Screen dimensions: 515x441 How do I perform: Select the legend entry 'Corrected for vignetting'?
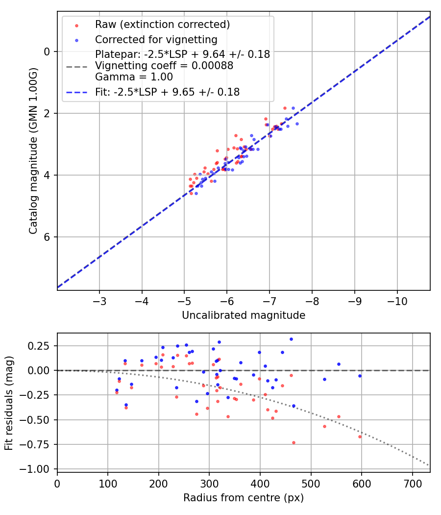click(156, 39)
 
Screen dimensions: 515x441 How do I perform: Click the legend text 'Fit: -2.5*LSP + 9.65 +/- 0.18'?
click(167, 92)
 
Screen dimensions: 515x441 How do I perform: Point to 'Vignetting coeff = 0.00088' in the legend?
click(164, 66)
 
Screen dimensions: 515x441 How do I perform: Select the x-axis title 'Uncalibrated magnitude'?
click(244, 315)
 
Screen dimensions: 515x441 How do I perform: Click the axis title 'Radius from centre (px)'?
click(244, 498)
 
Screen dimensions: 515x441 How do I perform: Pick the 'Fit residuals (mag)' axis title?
click(9, 402)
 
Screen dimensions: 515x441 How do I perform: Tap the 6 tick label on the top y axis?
click(48, 237)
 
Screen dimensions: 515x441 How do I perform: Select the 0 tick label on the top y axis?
click(48, 51)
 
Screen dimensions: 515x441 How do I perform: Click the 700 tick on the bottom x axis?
click(413, 484)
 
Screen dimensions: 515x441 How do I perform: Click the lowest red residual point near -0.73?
click(294, 442)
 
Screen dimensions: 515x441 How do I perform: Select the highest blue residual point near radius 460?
click(291, 339)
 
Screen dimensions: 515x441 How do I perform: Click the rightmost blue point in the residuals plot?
click(360, 376)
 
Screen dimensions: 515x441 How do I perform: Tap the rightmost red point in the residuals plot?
click(360, 437)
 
